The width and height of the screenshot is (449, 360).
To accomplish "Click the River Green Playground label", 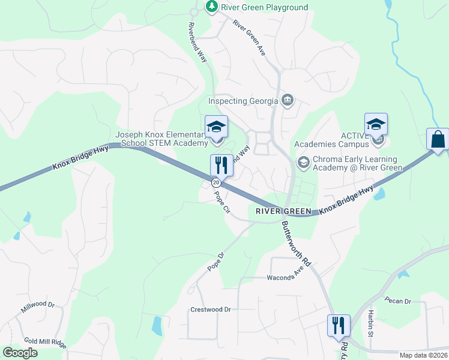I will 264,7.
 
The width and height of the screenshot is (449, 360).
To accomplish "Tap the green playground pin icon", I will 211,7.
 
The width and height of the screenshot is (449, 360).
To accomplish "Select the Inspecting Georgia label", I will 243,101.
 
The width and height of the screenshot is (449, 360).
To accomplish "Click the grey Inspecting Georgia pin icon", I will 288,99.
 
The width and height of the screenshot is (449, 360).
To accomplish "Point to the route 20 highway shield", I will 215,182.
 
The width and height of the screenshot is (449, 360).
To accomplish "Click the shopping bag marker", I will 438,139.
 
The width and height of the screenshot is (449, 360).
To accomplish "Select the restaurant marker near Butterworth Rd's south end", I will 339,325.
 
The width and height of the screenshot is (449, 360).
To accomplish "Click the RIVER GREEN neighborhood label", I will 283,211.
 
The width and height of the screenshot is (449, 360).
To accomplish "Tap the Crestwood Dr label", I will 211,310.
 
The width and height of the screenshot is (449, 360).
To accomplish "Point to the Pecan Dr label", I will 399,301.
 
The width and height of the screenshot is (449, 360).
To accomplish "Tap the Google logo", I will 20,353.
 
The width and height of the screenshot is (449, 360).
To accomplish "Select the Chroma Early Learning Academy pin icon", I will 303,163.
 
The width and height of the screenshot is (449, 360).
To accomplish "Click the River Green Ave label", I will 249,40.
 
